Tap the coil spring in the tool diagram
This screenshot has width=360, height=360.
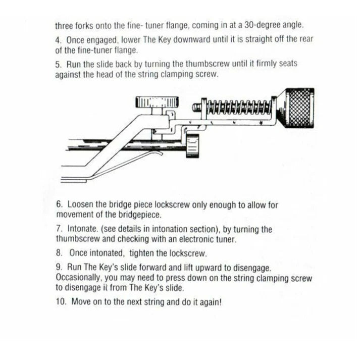(237, 107)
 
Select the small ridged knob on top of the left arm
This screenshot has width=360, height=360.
(150, 101)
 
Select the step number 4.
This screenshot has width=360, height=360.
(58, 40)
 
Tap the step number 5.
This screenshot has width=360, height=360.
(58, 64)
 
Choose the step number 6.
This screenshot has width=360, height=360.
(58, 205)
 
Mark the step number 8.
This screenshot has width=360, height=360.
(58, 253)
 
